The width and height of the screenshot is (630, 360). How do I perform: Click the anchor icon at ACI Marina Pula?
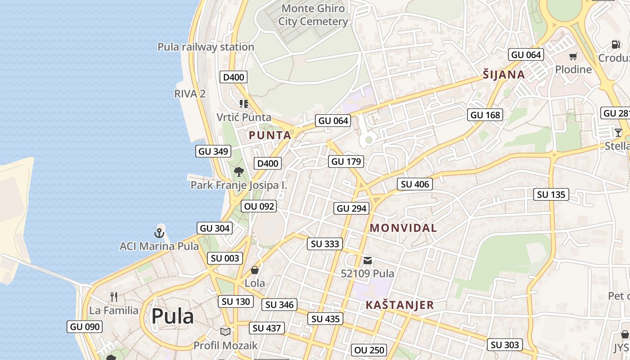158,233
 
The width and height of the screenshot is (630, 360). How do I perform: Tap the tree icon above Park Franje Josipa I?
239,171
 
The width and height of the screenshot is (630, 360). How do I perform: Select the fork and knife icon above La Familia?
114,297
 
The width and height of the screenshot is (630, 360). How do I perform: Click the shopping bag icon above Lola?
255,270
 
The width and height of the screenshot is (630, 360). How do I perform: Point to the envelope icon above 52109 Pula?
368,260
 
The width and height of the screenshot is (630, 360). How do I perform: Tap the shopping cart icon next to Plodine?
573,56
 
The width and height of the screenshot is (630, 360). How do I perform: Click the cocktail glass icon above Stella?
618,132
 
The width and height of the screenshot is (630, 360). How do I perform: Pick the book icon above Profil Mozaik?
225,332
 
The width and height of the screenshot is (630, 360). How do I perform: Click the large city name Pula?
172,316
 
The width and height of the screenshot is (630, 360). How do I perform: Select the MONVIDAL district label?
403,228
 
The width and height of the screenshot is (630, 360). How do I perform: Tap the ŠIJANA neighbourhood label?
504,75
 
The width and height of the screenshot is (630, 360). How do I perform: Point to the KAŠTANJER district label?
400,305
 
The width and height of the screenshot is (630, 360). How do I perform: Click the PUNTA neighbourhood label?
270,135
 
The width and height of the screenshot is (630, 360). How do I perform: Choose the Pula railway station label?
206,47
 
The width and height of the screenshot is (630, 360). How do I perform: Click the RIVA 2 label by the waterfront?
189,94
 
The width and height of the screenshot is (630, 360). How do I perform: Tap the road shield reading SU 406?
415,184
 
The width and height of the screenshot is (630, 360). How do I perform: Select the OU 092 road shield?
259,206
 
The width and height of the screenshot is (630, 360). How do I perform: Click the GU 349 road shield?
213,151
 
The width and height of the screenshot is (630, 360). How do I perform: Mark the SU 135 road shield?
551,194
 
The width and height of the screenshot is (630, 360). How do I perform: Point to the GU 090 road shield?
85,327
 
